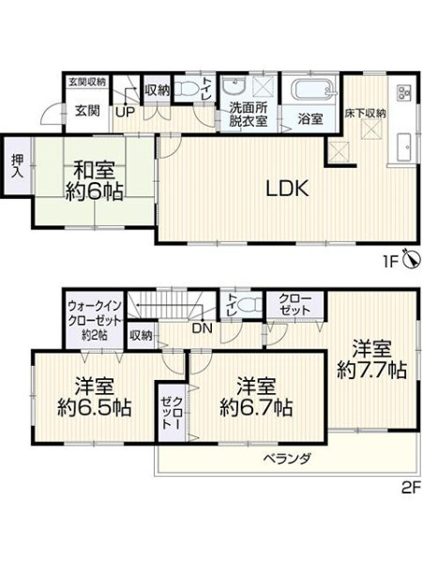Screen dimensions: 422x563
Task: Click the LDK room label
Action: point(287,189)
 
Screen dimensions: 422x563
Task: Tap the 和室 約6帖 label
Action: point(95,180)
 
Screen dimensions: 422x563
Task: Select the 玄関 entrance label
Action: point(87,111)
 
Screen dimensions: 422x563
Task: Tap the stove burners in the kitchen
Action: point(403,93)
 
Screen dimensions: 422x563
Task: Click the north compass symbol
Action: point(412,257)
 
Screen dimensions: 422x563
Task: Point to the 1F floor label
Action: point(391,263)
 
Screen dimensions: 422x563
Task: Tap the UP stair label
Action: point(125,113)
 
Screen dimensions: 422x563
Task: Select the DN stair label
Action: point(203,328)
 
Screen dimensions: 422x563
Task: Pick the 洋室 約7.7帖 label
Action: point(371,359)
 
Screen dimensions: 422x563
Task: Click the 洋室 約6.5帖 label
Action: point(95,397)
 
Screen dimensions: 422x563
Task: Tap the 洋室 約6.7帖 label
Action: point(256,397)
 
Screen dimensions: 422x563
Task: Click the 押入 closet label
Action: point(17,166)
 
